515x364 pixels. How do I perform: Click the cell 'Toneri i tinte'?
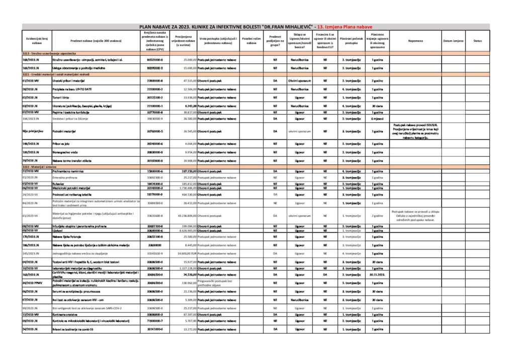point(63,97)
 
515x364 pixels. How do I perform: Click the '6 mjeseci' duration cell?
point(378,119)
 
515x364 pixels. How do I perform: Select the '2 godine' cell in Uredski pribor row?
point(378,80)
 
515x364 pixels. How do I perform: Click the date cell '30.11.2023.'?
point(378,275)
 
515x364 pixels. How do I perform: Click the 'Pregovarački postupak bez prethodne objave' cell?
point(218,283)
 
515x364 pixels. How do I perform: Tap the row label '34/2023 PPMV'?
point(33,283)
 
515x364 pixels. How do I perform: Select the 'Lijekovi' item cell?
point(58,230)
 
